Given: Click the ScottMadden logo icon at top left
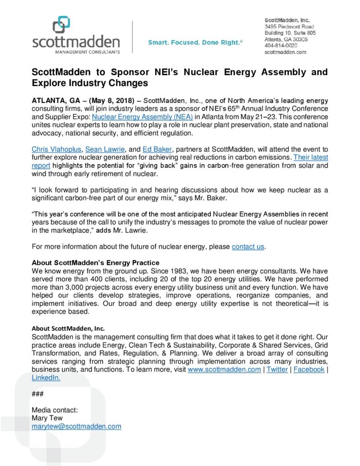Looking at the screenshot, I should [x=61, y=25].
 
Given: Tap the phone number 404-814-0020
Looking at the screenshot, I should [x=281, y=46].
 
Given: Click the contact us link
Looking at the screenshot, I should [x=248, y=247].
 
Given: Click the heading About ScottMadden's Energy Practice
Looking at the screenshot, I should [x=95, y=263].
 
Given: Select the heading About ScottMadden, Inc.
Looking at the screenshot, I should [x=68, y=328].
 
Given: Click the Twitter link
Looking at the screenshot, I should [x=277, y=369].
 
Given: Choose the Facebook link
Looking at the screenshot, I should [x=309, y=369].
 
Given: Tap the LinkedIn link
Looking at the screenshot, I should [x=46, y=377].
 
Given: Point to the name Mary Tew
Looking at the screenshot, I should [x=47, y=418].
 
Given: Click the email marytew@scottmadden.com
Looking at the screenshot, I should [x=76, y=426].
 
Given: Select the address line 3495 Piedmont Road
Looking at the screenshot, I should [x=289, y=26].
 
